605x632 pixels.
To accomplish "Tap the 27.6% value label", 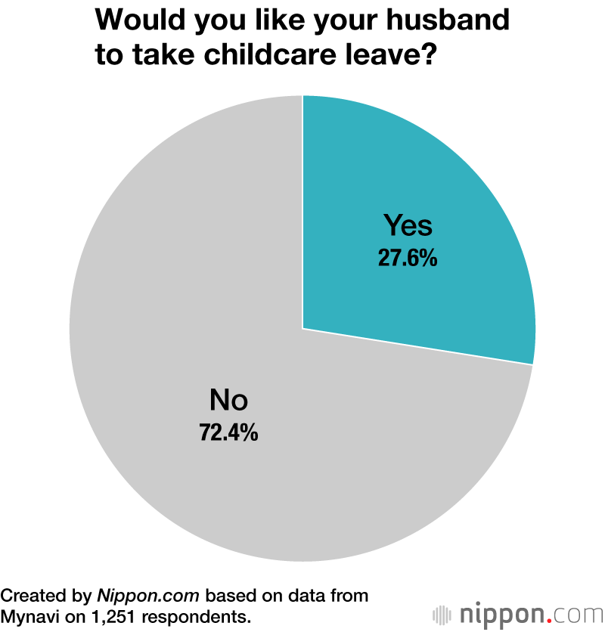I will click(408, 259).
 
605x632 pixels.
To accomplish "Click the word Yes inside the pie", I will click(408, 225).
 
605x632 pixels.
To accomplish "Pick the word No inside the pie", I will click(228, 399).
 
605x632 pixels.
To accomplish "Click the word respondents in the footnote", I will click(201, 616).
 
